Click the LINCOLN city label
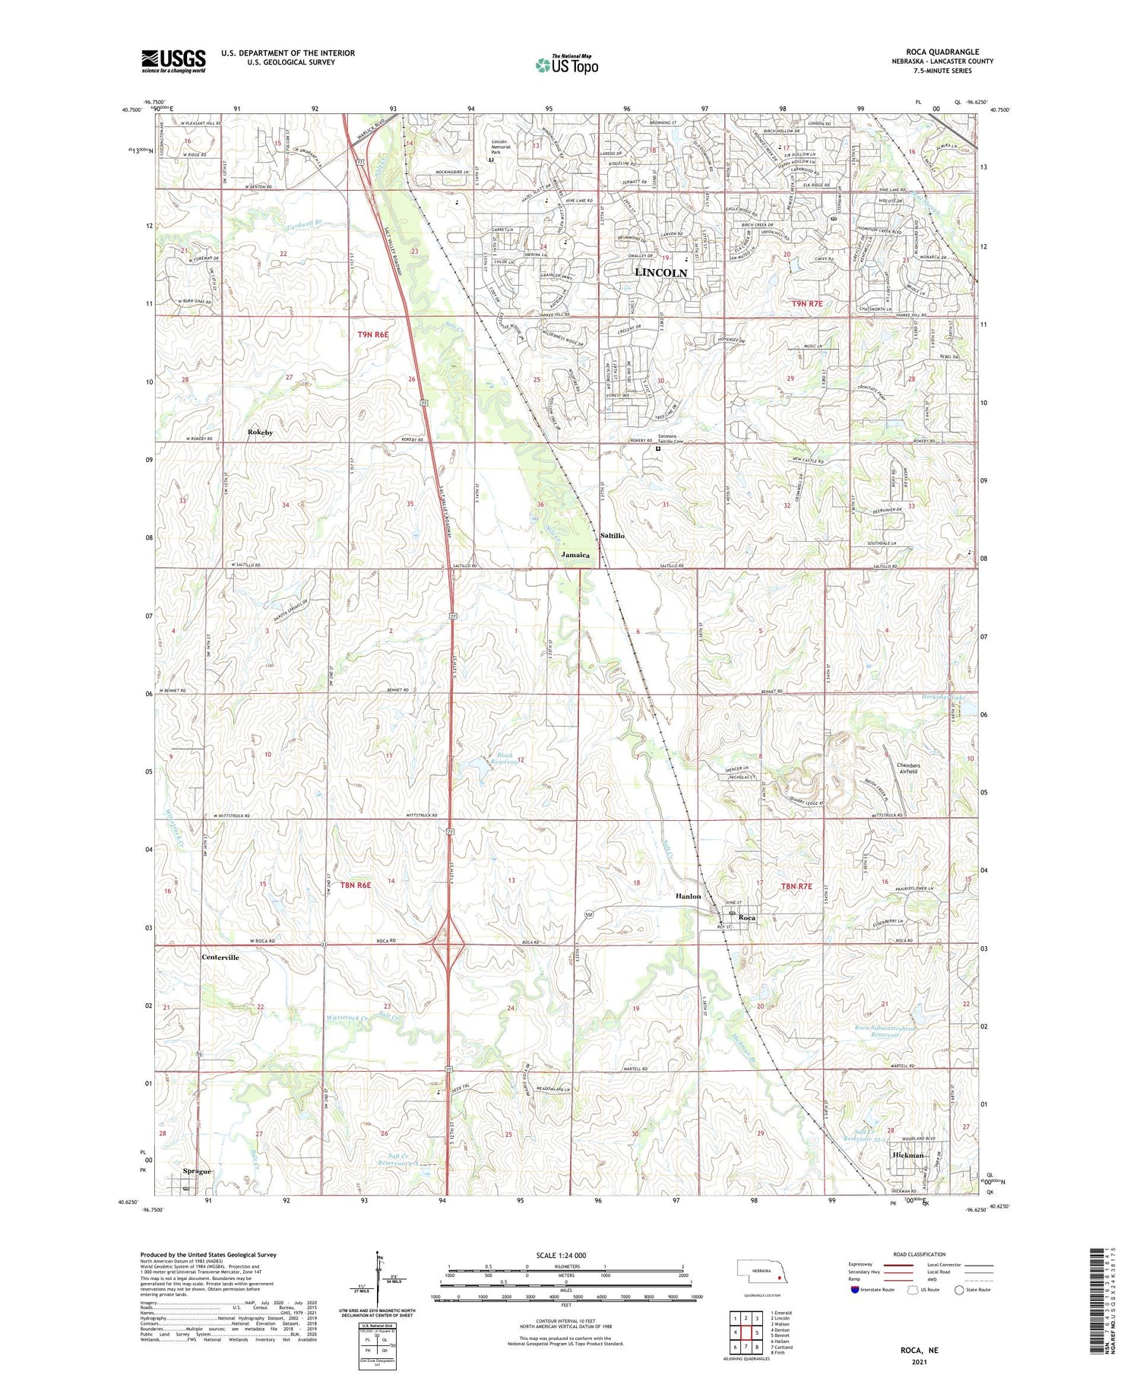tap(660, 272)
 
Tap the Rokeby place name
tap(260, 432)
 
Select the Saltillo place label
tap(612, 536)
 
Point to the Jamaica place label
tap(575, 555)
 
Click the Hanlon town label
tap(688, 896)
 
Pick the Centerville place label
tap(220, 957)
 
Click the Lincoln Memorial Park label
tap(499, 147)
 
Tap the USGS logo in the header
tap(173, 61)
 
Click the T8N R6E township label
tap(355, 885)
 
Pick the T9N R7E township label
tap(807, 303)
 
